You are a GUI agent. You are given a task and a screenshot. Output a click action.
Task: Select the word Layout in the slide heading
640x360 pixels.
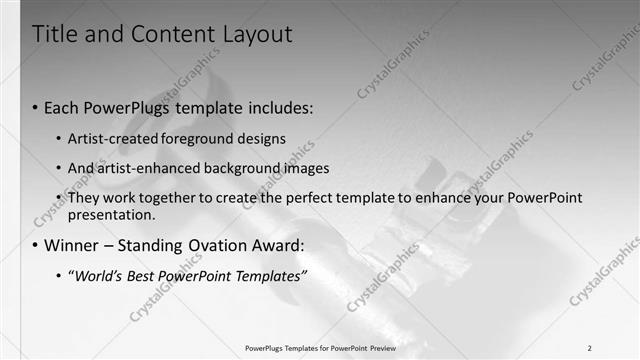[257, 34]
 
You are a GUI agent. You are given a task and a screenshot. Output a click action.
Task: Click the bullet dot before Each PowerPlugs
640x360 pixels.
[36, 106]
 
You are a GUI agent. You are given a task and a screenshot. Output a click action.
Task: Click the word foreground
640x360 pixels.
[197, 138]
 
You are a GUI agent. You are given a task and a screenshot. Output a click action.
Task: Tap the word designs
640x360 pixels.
[261, 138]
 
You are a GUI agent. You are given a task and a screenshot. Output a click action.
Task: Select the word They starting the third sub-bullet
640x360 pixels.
[83, 198]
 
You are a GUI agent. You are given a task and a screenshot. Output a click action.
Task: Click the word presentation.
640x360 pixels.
[111, 215]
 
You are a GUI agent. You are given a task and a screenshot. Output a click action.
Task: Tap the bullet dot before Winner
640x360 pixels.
[36, 245]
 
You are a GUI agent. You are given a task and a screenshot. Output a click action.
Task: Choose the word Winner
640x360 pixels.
[73, 245]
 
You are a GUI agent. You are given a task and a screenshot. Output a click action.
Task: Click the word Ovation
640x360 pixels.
[227, 245]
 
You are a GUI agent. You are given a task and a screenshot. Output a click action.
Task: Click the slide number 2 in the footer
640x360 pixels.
[589, 348]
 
